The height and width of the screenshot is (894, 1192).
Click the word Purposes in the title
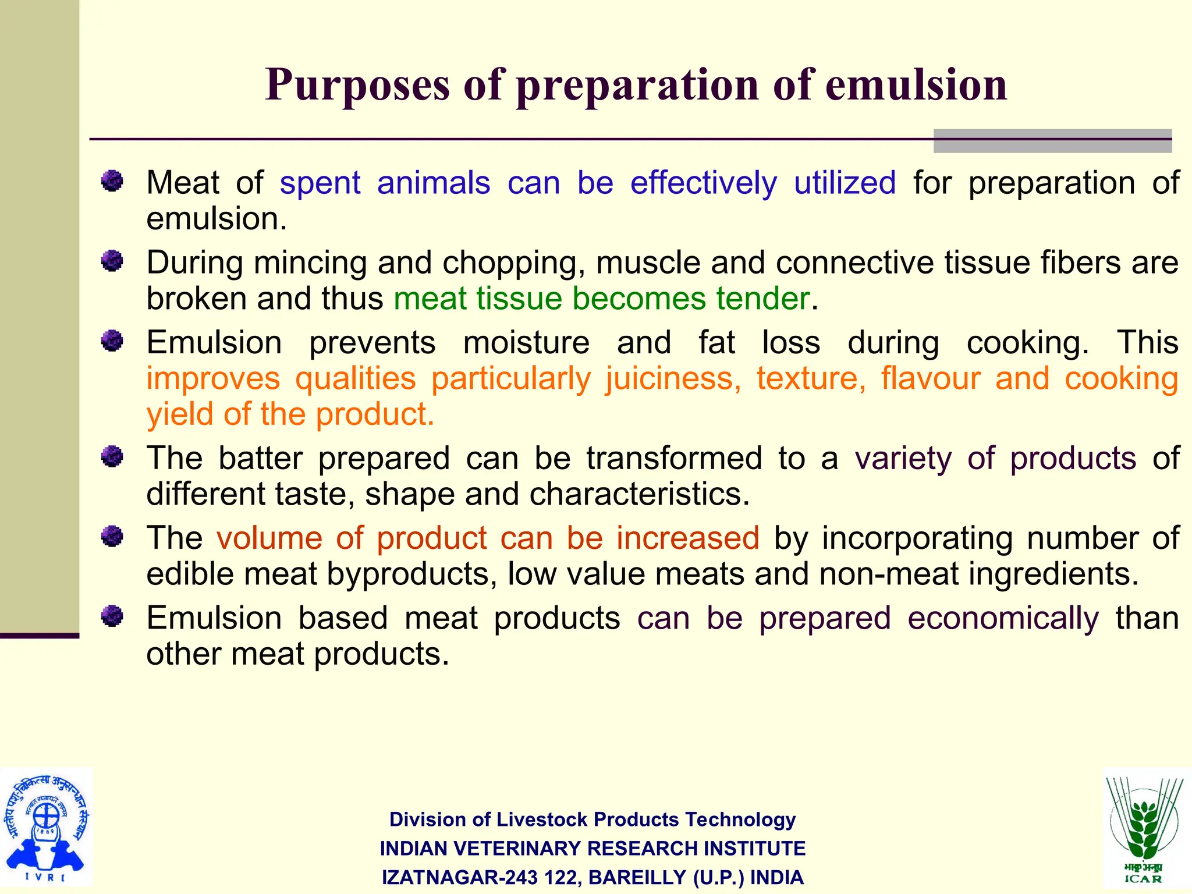pos(357,86)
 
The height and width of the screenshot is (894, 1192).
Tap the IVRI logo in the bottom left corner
pos(46,826)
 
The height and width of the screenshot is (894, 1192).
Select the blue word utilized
pos(845,183)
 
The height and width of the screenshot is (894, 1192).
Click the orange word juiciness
pos(673,378)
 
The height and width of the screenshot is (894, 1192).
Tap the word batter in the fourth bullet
pos(260,458)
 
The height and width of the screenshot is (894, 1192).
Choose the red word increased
pos(687,538)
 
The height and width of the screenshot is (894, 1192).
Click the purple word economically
pos(1003,618)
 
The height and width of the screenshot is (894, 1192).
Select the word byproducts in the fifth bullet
pos(411,574)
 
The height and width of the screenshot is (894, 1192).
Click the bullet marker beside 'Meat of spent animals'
pos(112,181)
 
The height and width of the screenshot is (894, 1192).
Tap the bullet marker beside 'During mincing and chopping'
pos(112,261)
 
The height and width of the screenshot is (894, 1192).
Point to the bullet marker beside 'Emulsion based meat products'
pos(112,616)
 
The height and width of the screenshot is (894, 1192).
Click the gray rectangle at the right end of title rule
pos(1052,141)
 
